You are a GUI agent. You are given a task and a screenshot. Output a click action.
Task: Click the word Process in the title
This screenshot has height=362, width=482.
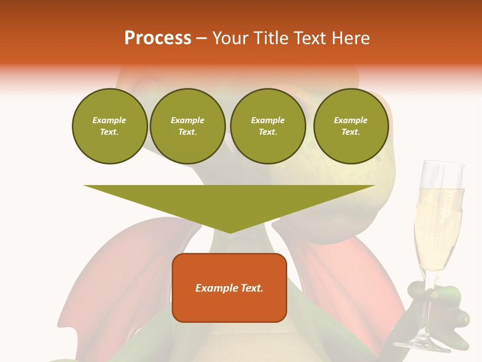158,38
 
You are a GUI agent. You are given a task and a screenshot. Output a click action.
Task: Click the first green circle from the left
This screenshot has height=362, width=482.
109,126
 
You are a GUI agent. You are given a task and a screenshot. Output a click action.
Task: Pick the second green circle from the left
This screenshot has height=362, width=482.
187,126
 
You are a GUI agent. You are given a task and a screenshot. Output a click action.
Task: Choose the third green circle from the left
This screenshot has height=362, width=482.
268,126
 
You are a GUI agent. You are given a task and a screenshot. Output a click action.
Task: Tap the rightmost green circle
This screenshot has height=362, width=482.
350,126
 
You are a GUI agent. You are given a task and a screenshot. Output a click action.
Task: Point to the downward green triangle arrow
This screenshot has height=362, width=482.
229,201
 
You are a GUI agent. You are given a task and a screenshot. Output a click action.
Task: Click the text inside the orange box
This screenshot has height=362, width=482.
229,288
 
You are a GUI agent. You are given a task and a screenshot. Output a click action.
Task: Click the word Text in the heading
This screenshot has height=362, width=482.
311,38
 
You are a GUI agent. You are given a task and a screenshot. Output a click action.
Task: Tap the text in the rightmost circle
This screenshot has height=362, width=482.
350,126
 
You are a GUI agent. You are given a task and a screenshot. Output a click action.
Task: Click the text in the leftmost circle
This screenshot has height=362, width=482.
109,126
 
